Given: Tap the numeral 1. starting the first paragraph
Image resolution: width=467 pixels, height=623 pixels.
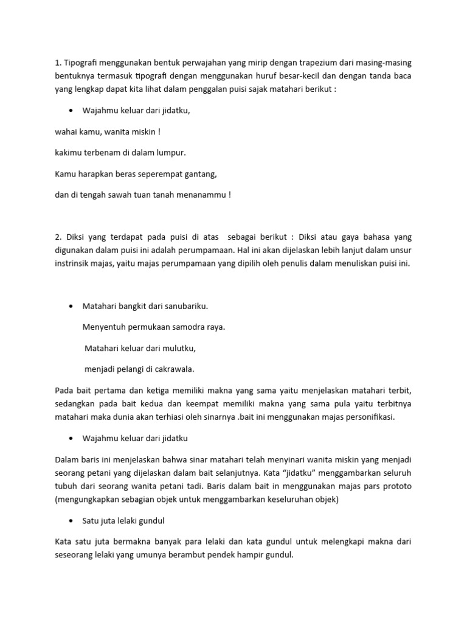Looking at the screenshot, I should pos(58,63).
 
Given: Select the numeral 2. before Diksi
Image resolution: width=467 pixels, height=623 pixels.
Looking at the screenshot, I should pos(58,237).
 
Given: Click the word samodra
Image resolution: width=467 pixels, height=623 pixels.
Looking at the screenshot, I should pos(185,327).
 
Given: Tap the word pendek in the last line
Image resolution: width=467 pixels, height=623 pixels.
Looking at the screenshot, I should pos(220,555).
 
